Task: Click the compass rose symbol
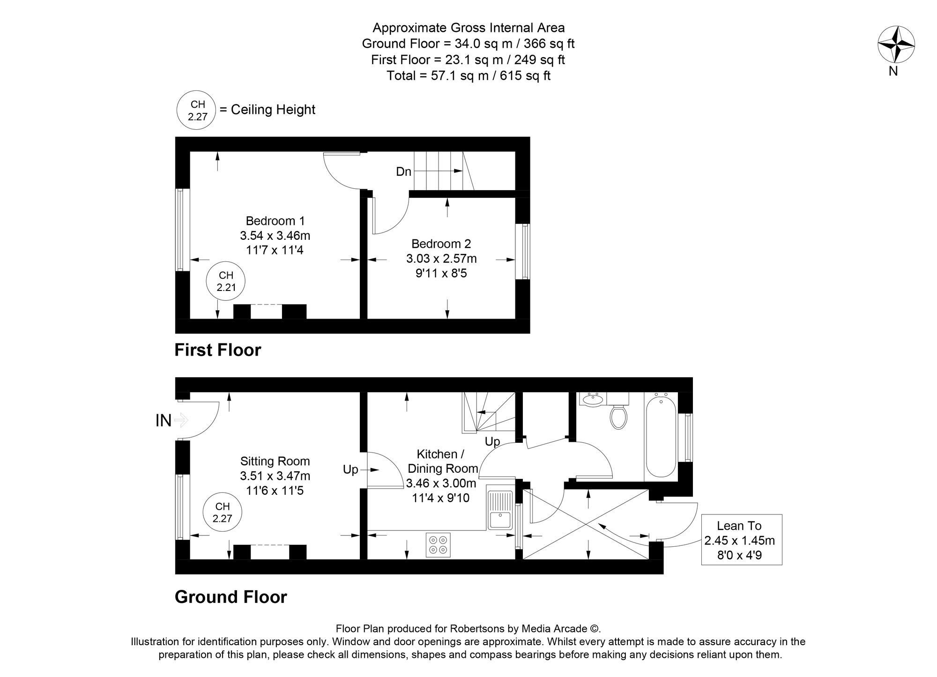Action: [896, 45]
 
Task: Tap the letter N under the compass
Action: [893, 72]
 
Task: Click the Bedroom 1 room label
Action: [275, 221]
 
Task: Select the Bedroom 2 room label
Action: [441, 244]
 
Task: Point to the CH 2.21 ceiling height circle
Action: [226, 282]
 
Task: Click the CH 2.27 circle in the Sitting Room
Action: [223, 513]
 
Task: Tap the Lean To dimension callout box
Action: [741, 539]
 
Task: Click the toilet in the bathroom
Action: [619, 417]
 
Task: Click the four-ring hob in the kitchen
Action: [438, 545]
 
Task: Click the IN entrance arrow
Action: [180, 420]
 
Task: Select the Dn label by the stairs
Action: [403, 171]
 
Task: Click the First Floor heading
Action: [217, 350]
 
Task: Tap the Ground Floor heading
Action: [231, 597]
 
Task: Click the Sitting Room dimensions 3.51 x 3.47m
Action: [275, 476]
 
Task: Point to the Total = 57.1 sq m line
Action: [468, 75]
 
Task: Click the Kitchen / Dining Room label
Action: [442, 461]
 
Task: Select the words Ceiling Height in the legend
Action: [273, 110]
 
